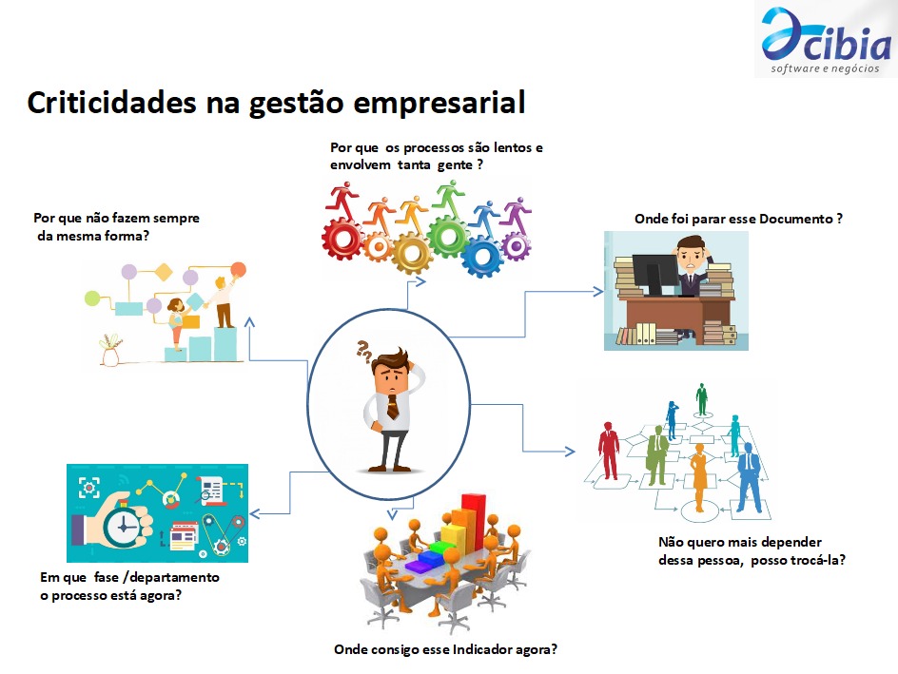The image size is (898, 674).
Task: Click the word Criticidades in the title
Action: coord(111,103)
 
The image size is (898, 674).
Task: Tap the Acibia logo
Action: coord(826,40)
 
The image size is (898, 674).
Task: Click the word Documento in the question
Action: coord(795,219)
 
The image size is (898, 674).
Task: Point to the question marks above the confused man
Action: coord(363,351)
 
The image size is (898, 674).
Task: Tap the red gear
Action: coord(342,238)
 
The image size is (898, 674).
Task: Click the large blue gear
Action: coord(482,256)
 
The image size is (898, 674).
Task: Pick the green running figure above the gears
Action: coord(449,198)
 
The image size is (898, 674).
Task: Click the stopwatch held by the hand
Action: coord(124,523)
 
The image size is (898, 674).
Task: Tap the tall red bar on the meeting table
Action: coord(474,524)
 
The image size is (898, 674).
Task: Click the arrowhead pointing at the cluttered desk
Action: coord(598,291)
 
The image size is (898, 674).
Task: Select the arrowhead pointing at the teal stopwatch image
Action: coord(256,513)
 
